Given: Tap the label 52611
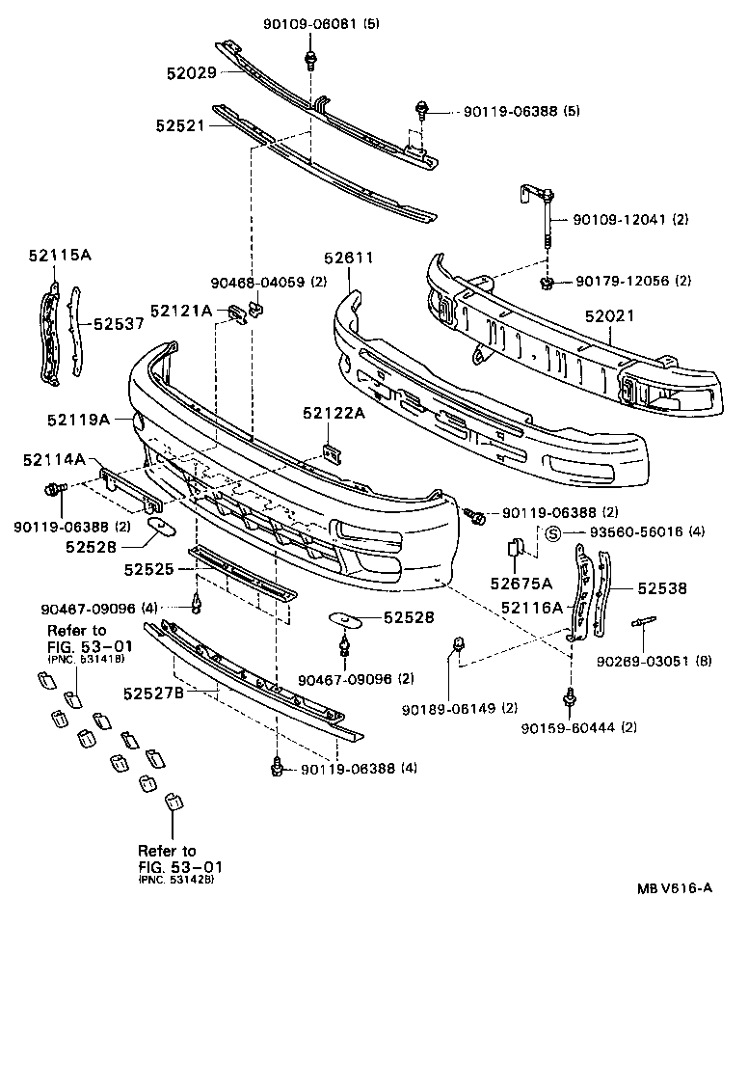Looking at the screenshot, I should pyautogui.click(x=348, y=258).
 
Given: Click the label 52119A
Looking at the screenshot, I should pyautogui.click(x=79, y=420).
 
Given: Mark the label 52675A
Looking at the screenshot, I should pyautogui.click(x=521, y=583).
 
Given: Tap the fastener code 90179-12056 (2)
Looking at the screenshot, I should pyautogui.click(x=633, y=281).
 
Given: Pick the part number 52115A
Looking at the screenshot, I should pyautogui.click(x=60, y=255).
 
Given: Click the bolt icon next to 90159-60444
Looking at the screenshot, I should pyautogui.click(x=570, y=697).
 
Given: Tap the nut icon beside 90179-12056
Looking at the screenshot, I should pyautogui.click(x=547, y=283).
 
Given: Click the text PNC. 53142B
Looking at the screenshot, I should pyautogui.click(x=176, y=881).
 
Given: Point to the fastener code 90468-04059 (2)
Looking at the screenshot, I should pyautogui.click(x=269, y=283).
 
